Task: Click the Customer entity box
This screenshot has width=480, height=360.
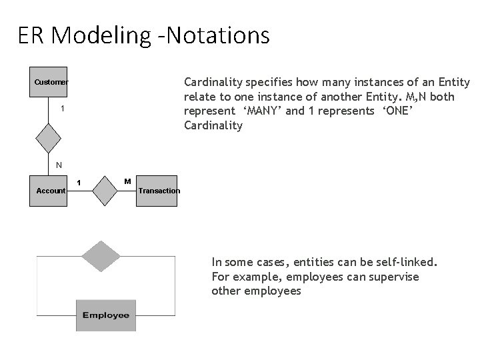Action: [x=51, y=82]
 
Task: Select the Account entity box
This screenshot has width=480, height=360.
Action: [x=51, y=191]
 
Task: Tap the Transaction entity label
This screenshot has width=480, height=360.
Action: [x=159, y=191]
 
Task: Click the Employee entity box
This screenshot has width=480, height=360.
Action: [x=106, y=315]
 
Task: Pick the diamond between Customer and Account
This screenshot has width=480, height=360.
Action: [x=49, y=138]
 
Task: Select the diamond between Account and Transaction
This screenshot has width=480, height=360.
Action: [x=105, y=191]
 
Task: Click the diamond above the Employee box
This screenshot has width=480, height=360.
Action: [x=101, y=255]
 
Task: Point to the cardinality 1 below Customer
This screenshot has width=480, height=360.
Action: [x=62, y=108]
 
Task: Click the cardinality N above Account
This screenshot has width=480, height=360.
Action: [x=59, y=165]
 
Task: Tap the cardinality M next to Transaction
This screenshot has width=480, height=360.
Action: [x=128, y=181]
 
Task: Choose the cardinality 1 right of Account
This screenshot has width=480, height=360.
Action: [x=79, y=182]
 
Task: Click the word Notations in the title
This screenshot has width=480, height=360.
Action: [x=225, y=35]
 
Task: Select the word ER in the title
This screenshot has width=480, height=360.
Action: [x=31, y=35]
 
